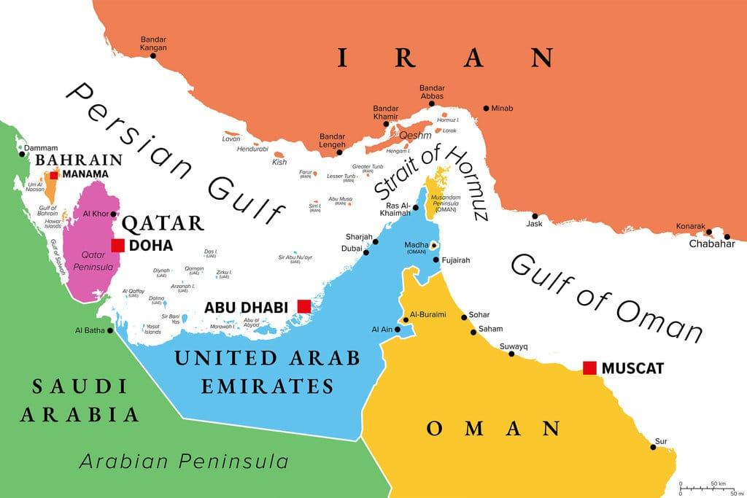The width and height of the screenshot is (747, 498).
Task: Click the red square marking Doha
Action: pos(117,245)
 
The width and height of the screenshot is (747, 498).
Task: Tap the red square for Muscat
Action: pos(589,367)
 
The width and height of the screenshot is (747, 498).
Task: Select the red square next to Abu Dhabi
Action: pos(303,306)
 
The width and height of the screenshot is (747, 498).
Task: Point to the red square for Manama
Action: pos(54,174)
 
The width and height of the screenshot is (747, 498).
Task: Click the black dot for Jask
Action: pos(535,216)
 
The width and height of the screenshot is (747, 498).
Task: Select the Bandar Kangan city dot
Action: pos(154,56)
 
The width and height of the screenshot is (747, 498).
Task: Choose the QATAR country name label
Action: pos(163,223)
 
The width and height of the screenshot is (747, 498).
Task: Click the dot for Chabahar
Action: pos(727,236)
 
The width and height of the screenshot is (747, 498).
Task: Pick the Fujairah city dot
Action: pos(436,260)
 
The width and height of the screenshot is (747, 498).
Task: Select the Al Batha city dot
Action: pos(110,330)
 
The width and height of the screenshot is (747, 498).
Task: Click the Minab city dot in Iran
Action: pos(486,109)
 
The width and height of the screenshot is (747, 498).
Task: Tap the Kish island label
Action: pos(279,162)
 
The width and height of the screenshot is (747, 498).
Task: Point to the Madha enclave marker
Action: pos(433,245)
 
